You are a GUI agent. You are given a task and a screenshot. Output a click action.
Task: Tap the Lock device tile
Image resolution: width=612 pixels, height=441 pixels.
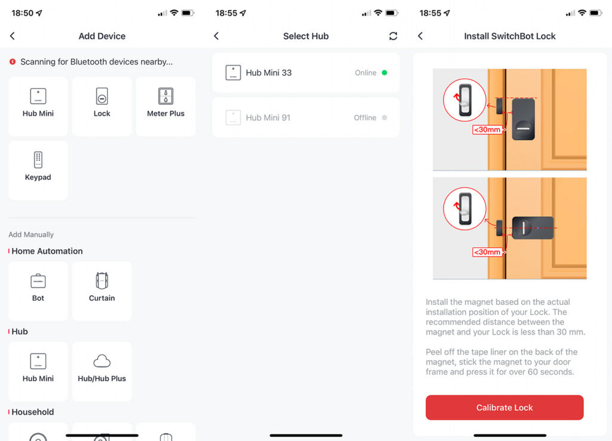(102, 105)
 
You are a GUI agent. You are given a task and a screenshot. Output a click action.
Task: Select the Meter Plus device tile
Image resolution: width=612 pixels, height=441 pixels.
(166, 105)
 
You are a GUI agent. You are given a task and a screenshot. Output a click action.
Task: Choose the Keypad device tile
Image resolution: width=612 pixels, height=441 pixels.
(38, 169)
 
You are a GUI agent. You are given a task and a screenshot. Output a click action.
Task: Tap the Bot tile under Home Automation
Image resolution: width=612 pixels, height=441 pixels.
(38, 290)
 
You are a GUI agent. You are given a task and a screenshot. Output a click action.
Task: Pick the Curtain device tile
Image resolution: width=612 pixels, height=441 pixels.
(102, 290)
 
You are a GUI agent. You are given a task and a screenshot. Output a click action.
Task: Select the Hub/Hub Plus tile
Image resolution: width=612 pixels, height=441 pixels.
(102, 370)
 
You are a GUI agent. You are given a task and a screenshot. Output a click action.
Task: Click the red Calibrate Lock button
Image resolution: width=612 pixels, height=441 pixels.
(504, 408)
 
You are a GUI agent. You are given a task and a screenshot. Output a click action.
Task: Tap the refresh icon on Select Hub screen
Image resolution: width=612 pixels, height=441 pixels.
(393, 36)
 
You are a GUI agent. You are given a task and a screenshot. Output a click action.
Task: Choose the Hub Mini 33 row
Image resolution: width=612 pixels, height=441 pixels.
(305, 73)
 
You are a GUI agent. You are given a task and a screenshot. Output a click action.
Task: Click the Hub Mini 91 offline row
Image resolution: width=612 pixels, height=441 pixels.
(305, 118)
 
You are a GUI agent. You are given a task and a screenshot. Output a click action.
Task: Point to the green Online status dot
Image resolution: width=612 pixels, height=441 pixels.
(384, 73)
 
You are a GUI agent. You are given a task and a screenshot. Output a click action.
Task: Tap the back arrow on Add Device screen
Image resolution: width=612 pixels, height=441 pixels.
(13, 36)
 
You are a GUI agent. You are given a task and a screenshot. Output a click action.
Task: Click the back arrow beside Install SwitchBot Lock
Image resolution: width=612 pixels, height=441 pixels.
(420, 36)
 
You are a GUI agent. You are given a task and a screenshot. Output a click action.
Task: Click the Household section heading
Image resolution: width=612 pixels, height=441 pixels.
(32, 412)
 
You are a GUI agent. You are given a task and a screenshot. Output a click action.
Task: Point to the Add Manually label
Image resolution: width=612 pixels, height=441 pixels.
(31, 235)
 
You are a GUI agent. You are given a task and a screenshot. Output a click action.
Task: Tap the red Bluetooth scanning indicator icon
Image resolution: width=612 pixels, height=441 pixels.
(13, 62)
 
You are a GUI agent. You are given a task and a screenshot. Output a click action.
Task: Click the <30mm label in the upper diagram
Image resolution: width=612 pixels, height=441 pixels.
(487, 129)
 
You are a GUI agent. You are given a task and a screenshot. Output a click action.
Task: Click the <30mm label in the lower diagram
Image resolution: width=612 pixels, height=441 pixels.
(487, 252)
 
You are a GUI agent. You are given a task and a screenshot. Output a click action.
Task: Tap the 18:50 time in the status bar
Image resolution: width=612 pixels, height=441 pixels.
(22, 13)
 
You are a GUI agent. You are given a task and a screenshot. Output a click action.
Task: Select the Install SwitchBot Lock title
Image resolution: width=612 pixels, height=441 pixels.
(510, 36)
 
